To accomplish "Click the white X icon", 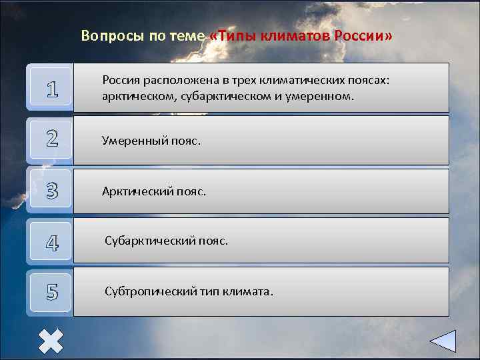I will pyautogui.click(x=51, y=341).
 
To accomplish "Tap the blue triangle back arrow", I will pyautogui.click(x=442, y=341).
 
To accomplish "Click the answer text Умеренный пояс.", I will pyautogui.click(x=151, y=140).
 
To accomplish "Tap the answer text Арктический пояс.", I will pyautogui.click(x=154, y=191).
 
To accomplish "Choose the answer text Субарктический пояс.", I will pyautogui.click(x=166, y=241).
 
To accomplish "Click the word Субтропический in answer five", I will pyautogui.click(x=149, y=292).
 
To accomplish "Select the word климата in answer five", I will pyautogui.click(x=246, y=292).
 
